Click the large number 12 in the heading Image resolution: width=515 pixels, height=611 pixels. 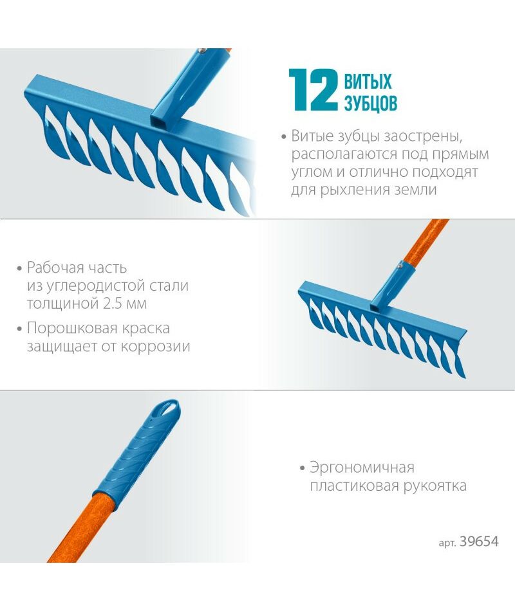[x=313, y=90]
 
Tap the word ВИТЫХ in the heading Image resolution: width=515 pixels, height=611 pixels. [x=368, y=82]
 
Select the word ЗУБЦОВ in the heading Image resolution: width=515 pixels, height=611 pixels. [x=371, y=102]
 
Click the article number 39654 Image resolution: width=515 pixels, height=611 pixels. [x=479, y=542]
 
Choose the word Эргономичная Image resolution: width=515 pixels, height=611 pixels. [x=362, y=468]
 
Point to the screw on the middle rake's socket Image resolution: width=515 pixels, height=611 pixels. [x=399, y=265]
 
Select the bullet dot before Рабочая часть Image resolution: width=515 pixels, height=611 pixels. [x=19, y=268]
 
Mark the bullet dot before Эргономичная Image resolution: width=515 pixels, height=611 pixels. [x=303, y=468]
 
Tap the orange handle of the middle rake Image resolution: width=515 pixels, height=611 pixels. [x=425, y=241]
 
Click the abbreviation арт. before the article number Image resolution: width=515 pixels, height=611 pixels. [x=447, y=543]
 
